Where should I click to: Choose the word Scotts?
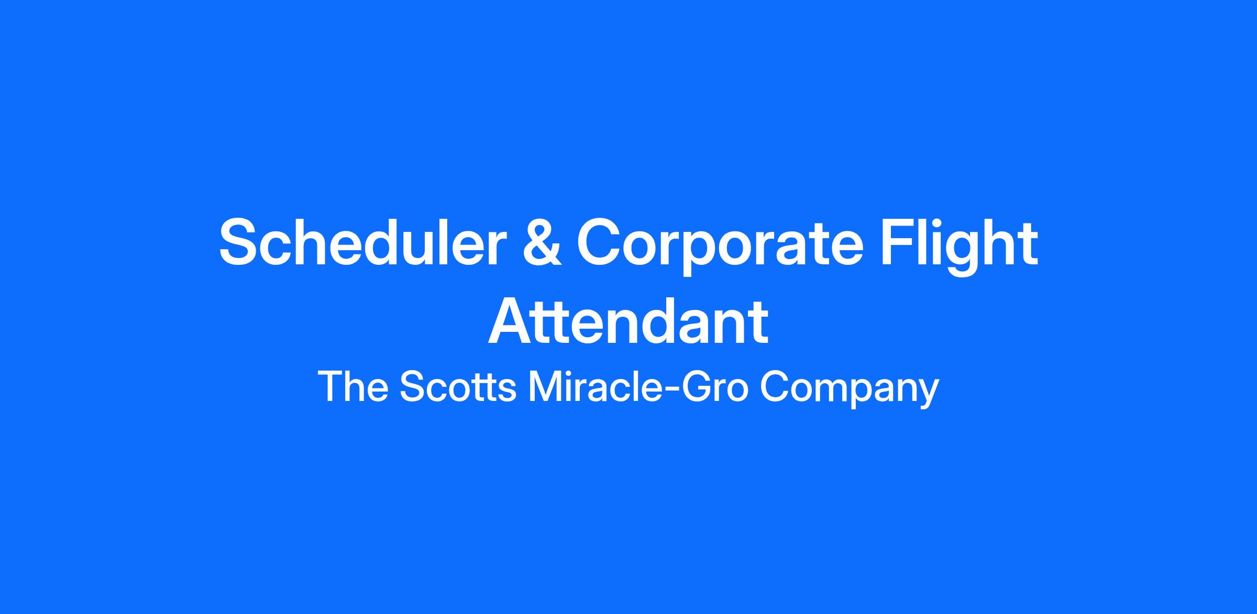(x=458, y=387)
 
